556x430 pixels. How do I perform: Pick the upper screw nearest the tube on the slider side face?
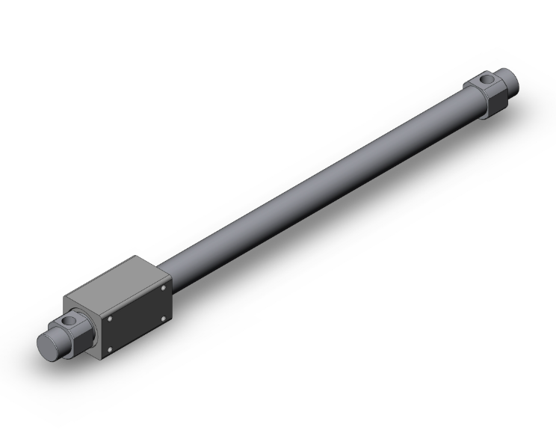(x=164, y=287)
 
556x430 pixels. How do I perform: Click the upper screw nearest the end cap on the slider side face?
(x=109, y=318)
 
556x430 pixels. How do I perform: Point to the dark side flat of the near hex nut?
(x=82, y=341)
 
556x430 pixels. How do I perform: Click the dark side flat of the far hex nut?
(x=497, y=100)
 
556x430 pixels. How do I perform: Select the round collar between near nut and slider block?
(x=93, y=330)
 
